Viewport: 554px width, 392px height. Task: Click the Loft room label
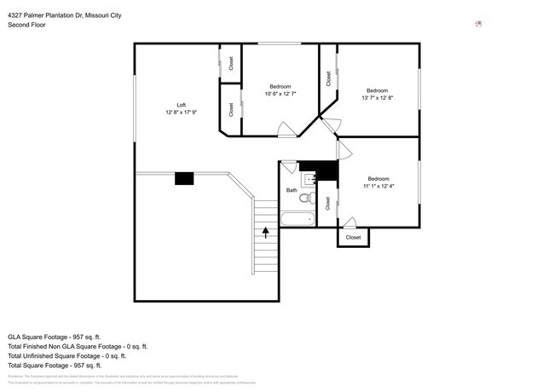click(x=181, y=105)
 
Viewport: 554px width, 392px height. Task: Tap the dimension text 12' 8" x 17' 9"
click(x=181, y=112)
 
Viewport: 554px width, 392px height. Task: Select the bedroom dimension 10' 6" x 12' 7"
click(x=280, y=94)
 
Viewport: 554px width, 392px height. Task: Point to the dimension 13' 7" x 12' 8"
click(x=378, y=98)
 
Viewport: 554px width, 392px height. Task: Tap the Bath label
click(x=291, y=190)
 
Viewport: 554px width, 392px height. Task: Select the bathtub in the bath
click(x=297, y=219)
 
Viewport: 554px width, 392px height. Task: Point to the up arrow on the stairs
click(x=266, y=230)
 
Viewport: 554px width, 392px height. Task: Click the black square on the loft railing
click(x=184, y=178)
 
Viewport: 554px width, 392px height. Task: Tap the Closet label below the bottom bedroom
click(x=353, y=238)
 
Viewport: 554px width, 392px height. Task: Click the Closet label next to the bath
click(x=328, y=203)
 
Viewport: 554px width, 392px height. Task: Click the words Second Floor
click(x=27, y=26)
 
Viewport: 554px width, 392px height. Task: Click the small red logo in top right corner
click(x=479, y=24)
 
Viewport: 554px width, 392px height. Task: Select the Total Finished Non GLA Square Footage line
click(x=78, y=346)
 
